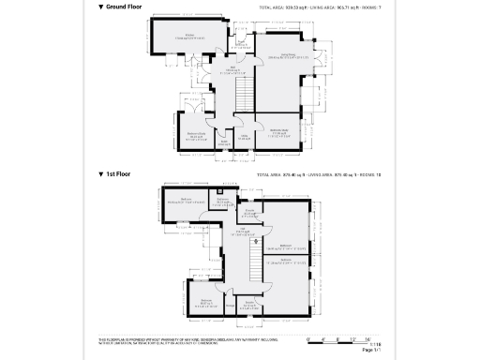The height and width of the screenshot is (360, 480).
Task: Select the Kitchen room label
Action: click(188, 37)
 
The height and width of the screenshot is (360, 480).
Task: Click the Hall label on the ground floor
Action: click(232, 69)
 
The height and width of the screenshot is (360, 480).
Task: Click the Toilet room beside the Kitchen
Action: click(241, 42)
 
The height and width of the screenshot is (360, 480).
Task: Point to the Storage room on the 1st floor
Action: click(230, 303)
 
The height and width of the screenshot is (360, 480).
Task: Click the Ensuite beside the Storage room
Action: click(250, 303)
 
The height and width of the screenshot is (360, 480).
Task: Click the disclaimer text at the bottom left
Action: click(178, 341)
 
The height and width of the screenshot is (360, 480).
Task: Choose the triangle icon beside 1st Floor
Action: click(101, 174)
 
